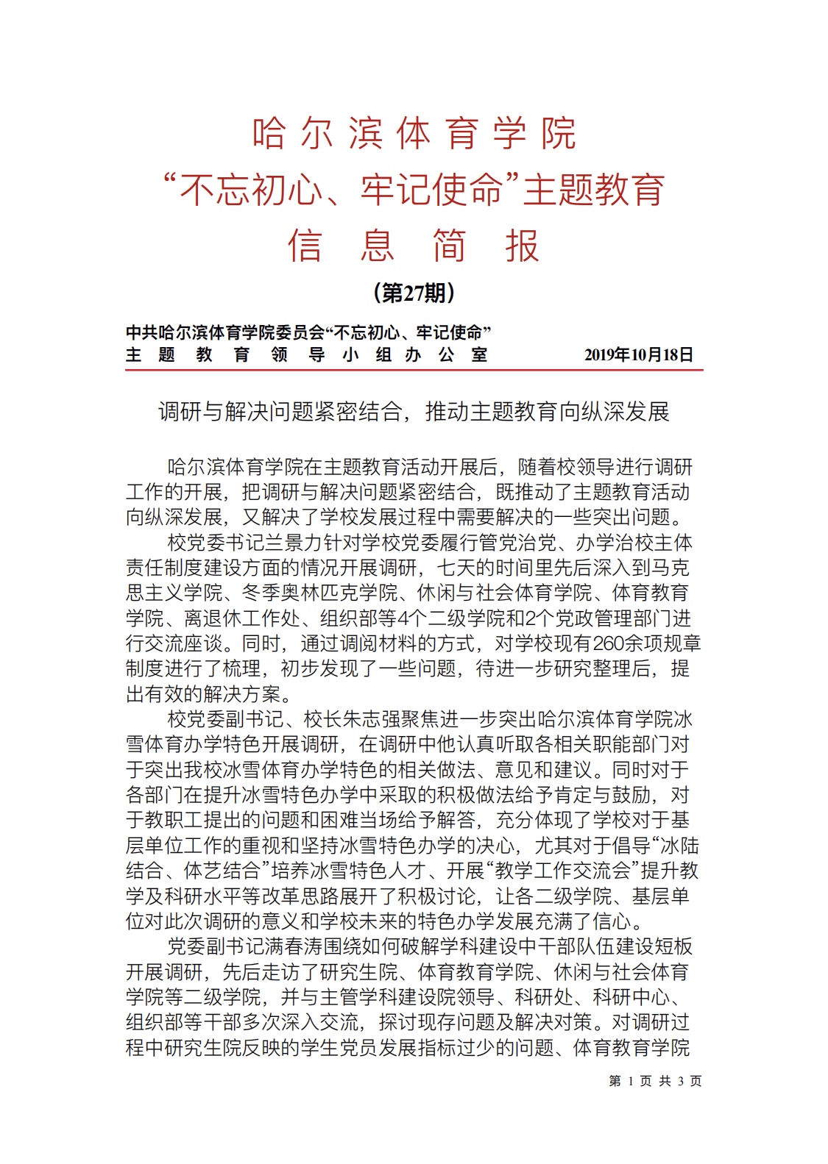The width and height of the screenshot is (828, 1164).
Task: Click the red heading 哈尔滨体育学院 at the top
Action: click(x=414, y=134)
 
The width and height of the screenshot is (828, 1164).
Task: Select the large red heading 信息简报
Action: click(x=414, y=246)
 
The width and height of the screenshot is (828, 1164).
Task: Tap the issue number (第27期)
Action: click(x=414, y=293)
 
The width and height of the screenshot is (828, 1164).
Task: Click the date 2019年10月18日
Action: click(x=638, y=355)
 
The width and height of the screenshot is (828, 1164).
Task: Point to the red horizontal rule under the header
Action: click(x=414, y=370)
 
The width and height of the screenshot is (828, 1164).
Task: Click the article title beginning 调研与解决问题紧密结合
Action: click(x=414, y=412)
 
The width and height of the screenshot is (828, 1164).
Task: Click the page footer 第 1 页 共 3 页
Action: click(x=655, y=1081)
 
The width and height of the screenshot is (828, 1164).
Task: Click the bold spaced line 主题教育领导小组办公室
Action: click(x=306, y=355)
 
